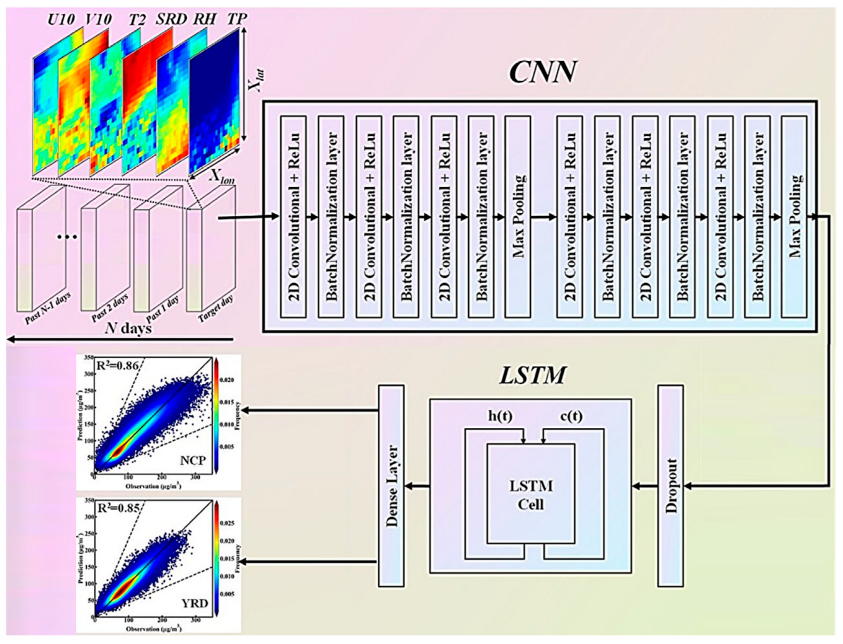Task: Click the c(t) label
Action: pyautogui.click(x=571, y=416)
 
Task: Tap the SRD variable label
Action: pyautogui.click(x=170, y=19)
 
